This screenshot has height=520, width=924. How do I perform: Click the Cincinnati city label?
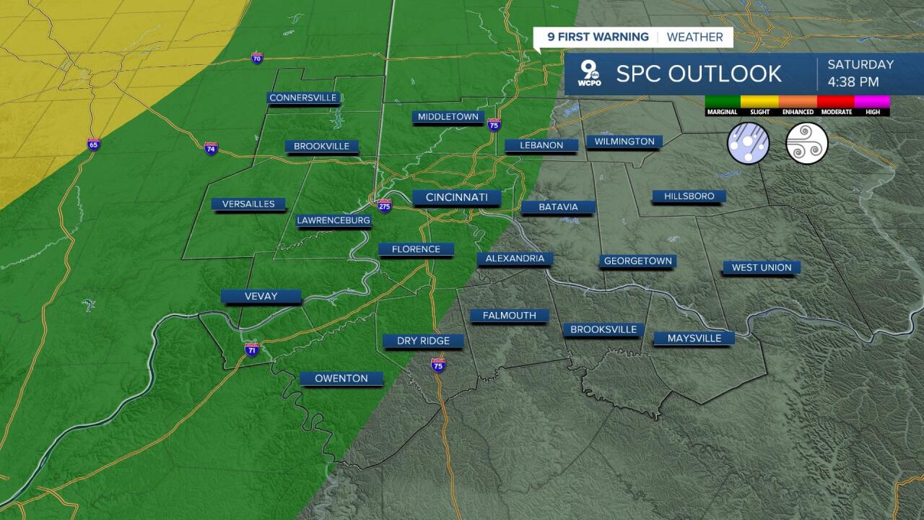[457, 197]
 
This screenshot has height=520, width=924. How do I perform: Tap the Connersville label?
[303, 97]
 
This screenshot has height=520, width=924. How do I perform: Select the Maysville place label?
[694, 338]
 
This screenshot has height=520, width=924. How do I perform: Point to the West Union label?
[762, 267]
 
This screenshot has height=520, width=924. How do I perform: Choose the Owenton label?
[341, 378]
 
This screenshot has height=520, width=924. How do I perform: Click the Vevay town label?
[261, 296]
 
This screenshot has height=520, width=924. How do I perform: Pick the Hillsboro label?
[689, 196]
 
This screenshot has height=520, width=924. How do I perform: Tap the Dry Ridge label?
[423, 341]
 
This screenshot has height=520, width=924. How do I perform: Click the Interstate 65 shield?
[94, 144]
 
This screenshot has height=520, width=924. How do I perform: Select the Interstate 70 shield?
[257, 58]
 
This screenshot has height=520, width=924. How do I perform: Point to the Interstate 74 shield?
[211, 148]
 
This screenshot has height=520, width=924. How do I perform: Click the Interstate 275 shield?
[385, 205]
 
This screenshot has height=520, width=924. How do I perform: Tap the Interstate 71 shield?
[251, 350]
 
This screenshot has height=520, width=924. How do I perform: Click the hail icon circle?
[748, 142]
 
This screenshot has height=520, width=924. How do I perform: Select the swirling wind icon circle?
[806, 142]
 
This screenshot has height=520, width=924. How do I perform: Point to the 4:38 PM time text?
[853, 82]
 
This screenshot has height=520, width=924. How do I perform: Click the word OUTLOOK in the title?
[724, 74]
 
